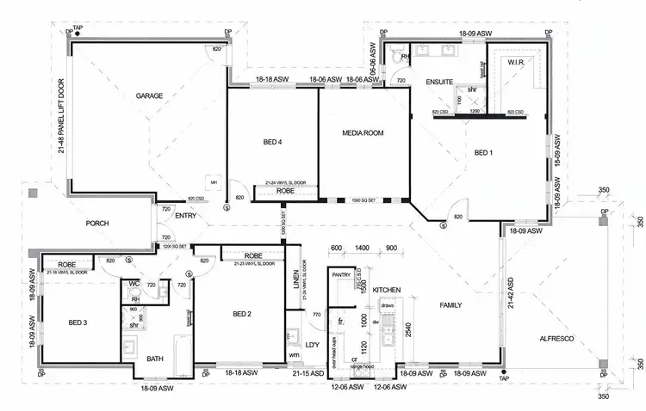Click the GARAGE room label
(149, 96)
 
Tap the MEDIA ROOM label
(363, 133)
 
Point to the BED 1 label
(483, 153)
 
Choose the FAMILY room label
(450, 305)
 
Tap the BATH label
(155, 359)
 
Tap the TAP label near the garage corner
(77, 27)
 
